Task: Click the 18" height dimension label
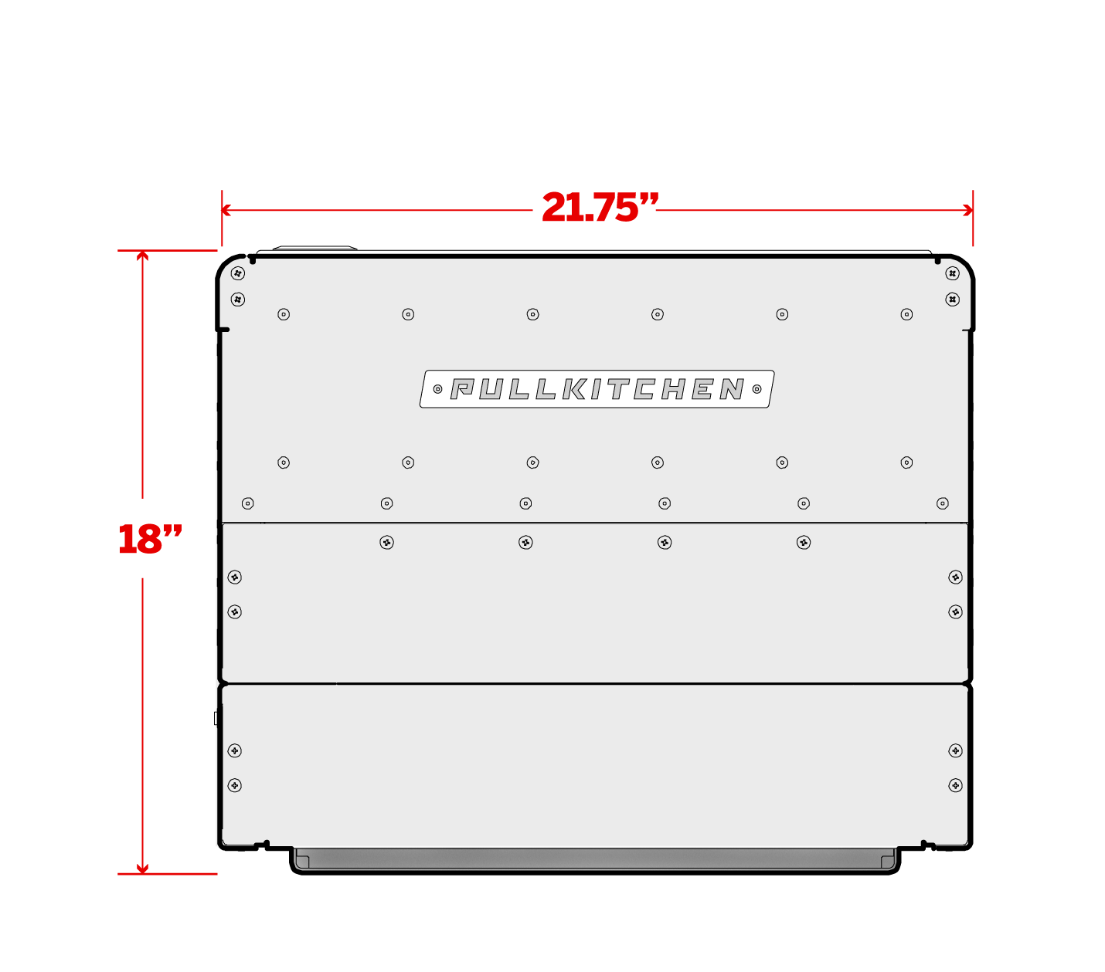pyautogui.click(x=149, y=539)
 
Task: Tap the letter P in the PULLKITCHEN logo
pyautogui.click(x=462, y=388)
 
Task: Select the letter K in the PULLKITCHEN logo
pyautogui.click(x=574, y=388)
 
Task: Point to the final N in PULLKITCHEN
pyautogui.click(x=732, y=388)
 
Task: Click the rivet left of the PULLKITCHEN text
pyautogui.click(x=437, y=389)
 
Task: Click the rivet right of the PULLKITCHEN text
pyautogui.click(x=756, y=389)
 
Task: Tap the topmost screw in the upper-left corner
pyautogui.click(x=238, y=273)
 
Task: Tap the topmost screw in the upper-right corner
pyautogui.click(x=952, y=273)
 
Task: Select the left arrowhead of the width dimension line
pyautogui.click(x=226, y=210)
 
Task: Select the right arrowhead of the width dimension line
pyautogui.click(x=969, y=210)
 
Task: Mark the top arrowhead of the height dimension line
pyautogui.click(x=142, y=255)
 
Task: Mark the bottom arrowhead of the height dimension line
pyautogui.click(x=142, y=869)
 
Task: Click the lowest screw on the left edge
pyautogui.click(x=235, y=785)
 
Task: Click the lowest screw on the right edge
pyautogui.click(x=955, y=785)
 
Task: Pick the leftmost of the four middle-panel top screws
pyautogui.click(x=386, y=542)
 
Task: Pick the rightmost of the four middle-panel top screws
pyautogui.click(x=804, y=542)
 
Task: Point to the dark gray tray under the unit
pyautogui.click(x=594, y=859)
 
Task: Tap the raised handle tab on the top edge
pyautogui.click(x=314, y=248)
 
